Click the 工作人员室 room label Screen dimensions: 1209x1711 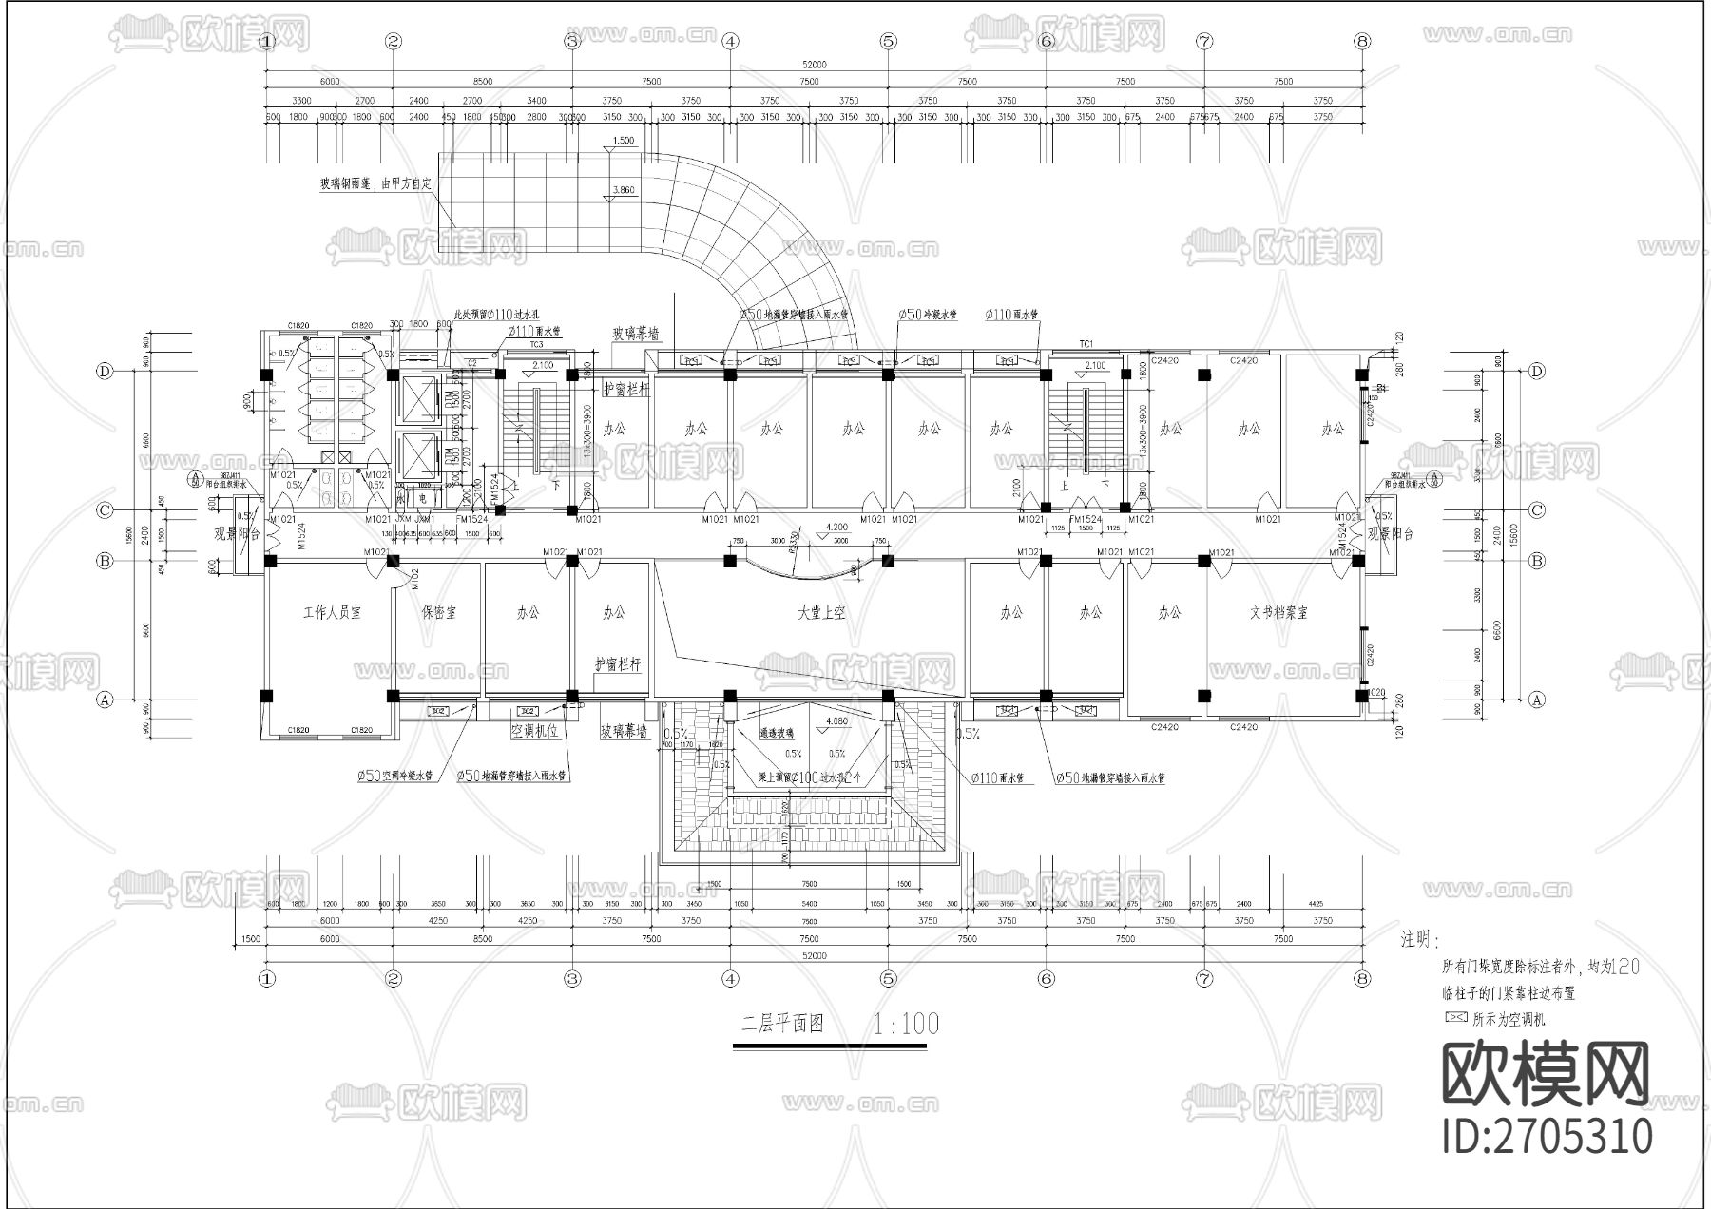(x=332, y=613)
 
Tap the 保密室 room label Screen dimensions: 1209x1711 (x=438, y=613)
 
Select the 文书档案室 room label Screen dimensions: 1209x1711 (x=1278, y=613)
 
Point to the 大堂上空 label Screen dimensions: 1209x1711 (x=821, y=613)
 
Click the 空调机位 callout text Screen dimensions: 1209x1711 (x=534, y=732)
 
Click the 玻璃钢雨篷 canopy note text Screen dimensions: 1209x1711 (x=374, y=185)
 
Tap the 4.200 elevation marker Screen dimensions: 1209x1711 (x=836, y=526)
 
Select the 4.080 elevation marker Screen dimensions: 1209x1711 (x=836, y=721)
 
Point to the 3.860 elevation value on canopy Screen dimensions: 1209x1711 (x=625, y=190)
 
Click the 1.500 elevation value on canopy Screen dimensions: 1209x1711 (x=624, y=141)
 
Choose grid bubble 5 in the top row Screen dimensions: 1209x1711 (x=888, y=41)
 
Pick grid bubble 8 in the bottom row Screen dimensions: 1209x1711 (x=1362, y=977)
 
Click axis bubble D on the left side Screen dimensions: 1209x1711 (x=106, y=372)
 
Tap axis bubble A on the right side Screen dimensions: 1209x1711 (x=1537, y=700)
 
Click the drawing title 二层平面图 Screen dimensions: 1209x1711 (x=781, y=1024)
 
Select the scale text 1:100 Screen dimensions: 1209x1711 (x=905, y=1024)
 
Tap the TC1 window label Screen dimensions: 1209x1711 (x=1086, y=343)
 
